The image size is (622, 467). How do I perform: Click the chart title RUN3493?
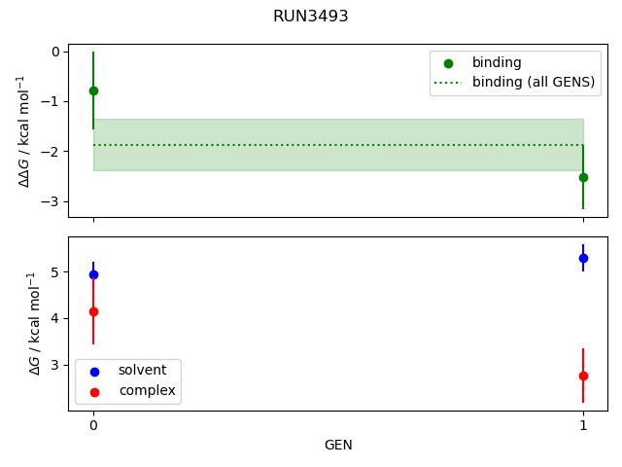point(311,17)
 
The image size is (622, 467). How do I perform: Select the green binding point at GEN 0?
point(93,90)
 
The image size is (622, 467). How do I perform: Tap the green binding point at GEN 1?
point(583,177)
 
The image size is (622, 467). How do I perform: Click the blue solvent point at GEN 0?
point(93,274)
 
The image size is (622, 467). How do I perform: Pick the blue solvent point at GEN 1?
point(583,258)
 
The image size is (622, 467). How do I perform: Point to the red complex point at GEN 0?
point(93,311)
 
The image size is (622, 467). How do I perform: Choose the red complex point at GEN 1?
point(583,376)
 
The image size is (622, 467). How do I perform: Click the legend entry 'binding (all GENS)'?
point(533,82)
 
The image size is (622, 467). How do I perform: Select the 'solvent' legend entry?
point(142,371)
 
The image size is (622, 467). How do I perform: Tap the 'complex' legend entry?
point(147,390)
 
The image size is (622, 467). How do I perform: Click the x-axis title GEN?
point(338,446)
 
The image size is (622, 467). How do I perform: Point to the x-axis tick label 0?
point(93,425)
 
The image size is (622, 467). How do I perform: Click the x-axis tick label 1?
point(583,425)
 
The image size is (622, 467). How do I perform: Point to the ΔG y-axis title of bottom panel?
point(35,323)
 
